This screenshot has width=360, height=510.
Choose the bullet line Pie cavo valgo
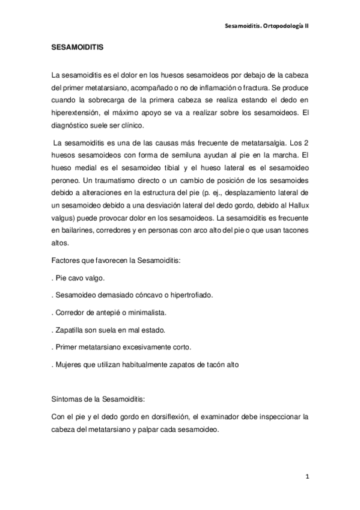coord(80,279)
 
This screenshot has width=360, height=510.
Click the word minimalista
coord(143,313)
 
